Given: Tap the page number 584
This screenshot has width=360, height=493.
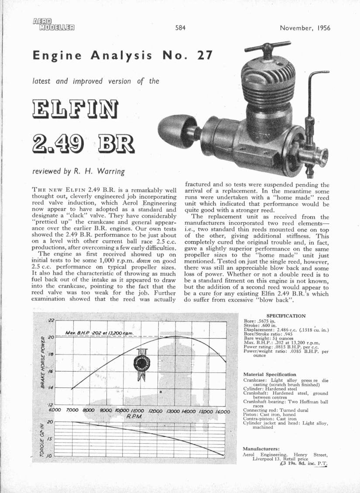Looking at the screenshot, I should click(x=181, y=28).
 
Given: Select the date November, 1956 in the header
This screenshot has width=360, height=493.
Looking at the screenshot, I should click(x=305, y=28).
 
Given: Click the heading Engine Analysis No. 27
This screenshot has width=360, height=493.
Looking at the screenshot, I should click(x=123, y=56).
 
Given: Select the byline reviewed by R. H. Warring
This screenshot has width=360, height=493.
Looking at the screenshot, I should click(x=79, y=172).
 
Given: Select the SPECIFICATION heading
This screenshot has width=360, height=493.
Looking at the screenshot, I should click(x=285, y=316).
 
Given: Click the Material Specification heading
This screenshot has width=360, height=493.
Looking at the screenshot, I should click(x=270, y=374).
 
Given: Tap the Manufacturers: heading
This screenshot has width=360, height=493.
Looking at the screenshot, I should click(x=261, y=448).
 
